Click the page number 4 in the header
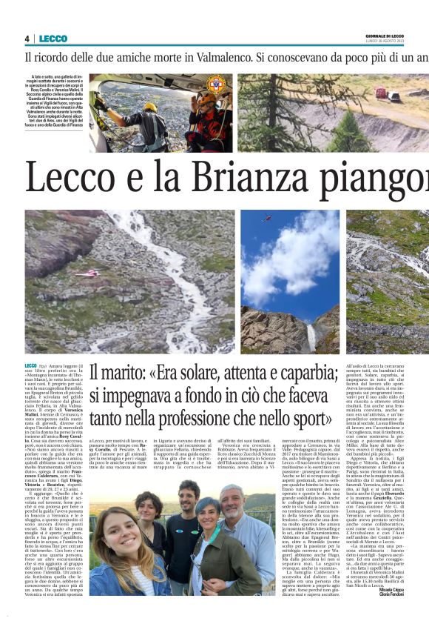click(x=27, y=39)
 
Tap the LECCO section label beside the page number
click(x=53, y=39)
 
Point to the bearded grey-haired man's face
click(x=232, y=505)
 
